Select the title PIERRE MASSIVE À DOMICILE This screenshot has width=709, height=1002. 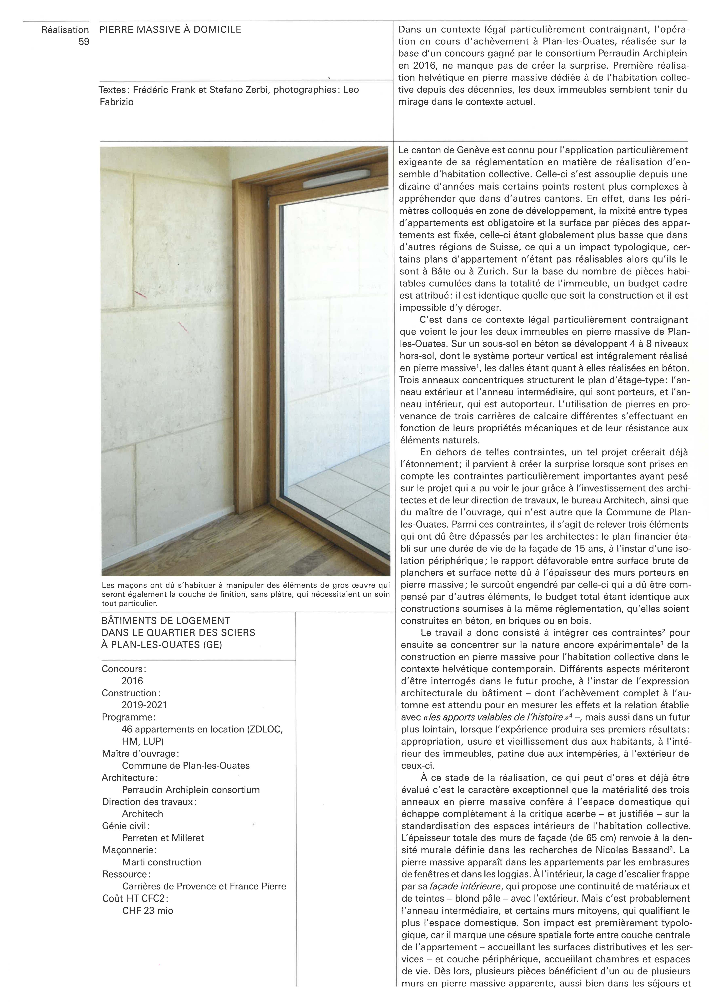(170, 30)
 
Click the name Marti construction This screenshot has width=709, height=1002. (161, 862)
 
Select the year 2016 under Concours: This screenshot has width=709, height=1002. (132, 681)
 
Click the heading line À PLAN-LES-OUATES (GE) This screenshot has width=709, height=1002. (161, 645)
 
